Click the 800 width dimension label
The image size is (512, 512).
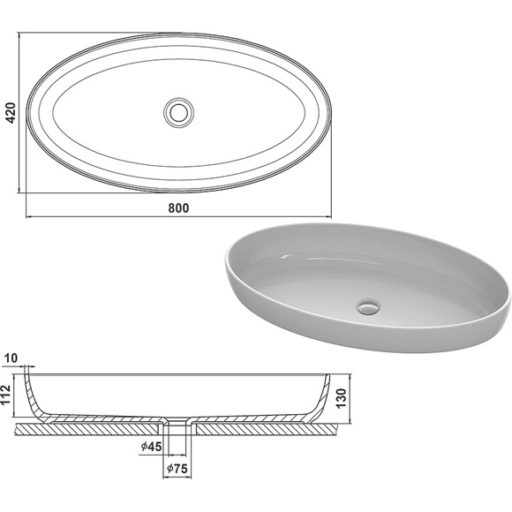click(x=178, y=208)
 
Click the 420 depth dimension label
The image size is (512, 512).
click(x=11, y=113)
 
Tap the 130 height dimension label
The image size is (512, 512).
click(x=341, y=398)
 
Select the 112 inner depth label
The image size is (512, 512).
click(x=6, y=395)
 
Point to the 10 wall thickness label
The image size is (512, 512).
click(x=11, y=358)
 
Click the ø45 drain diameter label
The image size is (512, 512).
click(x=151, y=447)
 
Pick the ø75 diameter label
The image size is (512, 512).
click(x=177, y=469)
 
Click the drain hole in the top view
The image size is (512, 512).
click(x=178, y=112)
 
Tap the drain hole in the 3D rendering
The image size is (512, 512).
click(x=369, y=307)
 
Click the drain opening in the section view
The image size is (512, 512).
click(x=177, y=420)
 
